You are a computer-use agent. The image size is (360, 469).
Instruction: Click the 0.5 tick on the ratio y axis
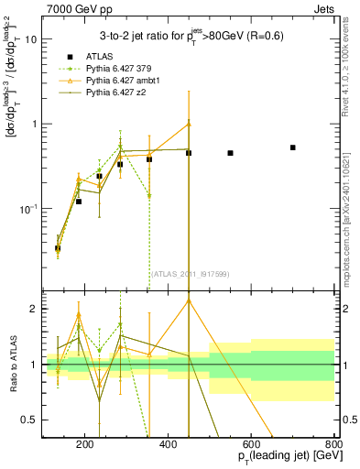pos(31,420)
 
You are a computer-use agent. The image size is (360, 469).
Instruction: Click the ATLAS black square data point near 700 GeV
pos(292,147)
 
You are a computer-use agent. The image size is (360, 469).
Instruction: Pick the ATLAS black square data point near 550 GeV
pos(230,153)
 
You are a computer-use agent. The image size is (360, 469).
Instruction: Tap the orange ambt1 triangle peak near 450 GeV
pos(189,124)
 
